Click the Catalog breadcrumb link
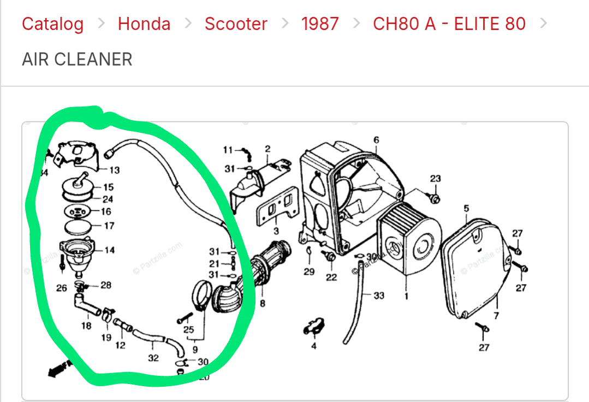(x=52, y=24)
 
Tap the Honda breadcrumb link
(x=144, y=24)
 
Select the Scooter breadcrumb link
(x=236, y=24)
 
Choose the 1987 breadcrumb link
(x=320, y=24)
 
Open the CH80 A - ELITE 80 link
(x=449, y=24)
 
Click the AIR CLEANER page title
(x=77, y=59)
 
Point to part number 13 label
(x=115, y=170)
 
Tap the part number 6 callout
(x=376, y=140)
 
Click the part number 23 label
(x=435, y=179)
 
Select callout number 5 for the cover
(x=466, y=209)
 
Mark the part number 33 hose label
(x=379, y=295)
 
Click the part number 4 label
(x=313, y=346)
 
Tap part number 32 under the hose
(x=153, y=358)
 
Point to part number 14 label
(x=110, y=250)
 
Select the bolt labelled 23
(x=435, y=196)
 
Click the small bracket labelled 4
(x=314, y=328)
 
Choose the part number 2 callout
(x=267, y=149)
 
